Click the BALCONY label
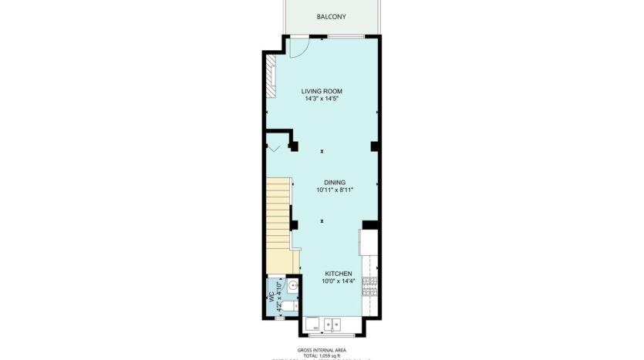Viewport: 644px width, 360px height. (331, 16)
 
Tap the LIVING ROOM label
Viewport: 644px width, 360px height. (322, 91)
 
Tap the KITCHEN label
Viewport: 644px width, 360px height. (338, 274)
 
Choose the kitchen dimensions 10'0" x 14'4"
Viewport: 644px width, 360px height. (338, 281)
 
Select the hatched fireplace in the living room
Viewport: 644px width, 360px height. (270, 77)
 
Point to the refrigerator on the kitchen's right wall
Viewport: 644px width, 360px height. (367, 244)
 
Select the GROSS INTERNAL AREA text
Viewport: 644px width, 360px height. (321, 349)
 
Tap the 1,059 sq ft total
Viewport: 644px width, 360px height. (321, 355)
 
